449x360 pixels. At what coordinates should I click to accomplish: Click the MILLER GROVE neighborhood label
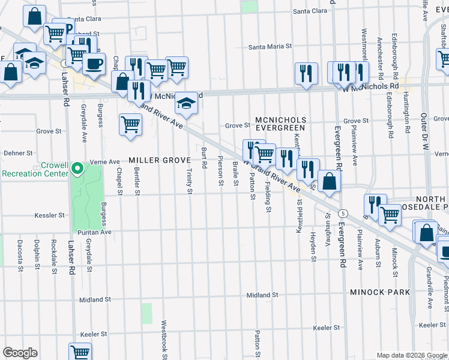(160, 160)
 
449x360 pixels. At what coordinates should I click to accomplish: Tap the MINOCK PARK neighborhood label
(381, 292)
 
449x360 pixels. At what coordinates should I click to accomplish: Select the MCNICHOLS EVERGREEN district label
(280, 124)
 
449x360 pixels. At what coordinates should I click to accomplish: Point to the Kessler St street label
(49, 215)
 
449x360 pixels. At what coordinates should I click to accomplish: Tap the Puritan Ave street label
(94, 232)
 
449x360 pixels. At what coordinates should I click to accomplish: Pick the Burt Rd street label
(205, 157)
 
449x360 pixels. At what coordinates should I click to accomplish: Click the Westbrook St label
(163, 339)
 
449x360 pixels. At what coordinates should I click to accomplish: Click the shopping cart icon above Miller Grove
(130, 125)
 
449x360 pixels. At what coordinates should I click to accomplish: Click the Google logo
(20, 353)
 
